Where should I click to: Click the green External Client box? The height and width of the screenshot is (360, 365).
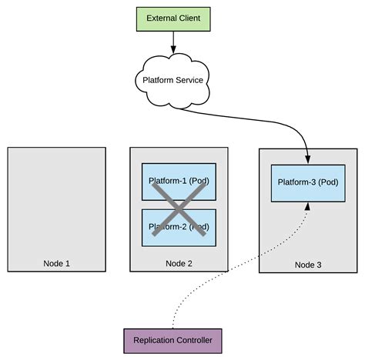[x=172, y=18]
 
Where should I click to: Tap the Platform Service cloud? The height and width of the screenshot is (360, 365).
[x=172, y=79]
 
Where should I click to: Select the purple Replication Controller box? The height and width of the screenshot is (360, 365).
[x=172, y=340]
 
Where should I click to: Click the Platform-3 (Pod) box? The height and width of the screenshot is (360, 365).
[x=307, y=183]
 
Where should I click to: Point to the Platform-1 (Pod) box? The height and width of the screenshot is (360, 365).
[x=179, y=182]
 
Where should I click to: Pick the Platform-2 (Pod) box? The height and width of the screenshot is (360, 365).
[x=179, y=227]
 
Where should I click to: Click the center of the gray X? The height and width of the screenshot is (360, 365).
[x=179, y=206]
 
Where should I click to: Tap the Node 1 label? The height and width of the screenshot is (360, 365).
[x=57, y=263]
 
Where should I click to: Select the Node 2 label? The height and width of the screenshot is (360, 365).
[x=179, y=263]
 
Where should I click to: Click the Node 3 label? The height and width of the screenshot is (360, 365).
[x=308, y=265]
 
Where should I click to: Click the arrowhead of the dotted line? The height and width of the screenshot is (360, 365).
[x=307, y=207]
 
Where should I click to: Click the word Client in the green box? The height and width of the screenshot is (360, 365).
[x=191, y=18]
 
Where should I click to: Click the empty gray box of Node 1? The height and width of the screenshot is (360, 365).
[x=57, y=200]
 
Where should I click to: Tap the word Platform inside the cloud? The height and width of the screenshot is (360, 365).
[x=156, y=79]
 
